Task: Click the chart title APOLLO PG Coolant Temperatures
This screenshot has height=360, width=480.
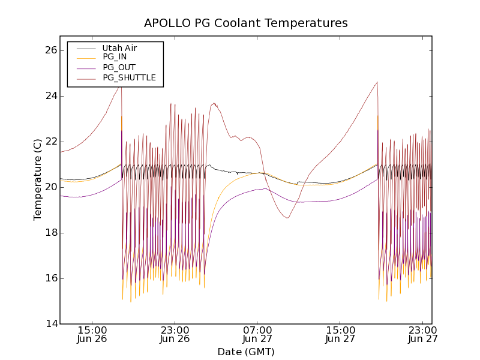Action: click(x=245, y=23)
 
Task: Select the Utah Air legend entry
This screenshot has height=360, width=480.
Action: click(x=119, y=48)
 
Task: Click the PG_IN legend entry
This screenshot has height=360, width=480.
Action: click(x=115, y=57)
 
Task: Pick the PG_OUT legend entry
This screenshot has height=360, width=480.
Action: click(x=119, y=67)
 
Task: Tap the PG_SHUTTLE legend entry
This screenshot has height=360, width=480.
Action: click(x=129, y=77)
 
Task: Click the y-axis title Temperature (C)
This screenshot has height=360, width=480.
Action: click(x=38, y=179)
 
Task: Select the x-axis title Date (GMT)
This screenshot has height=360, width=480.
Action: click(x=245, y=352)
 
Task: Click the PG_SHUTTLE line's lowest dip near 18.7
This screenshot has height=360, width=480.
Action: click(x=288, y=218)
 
